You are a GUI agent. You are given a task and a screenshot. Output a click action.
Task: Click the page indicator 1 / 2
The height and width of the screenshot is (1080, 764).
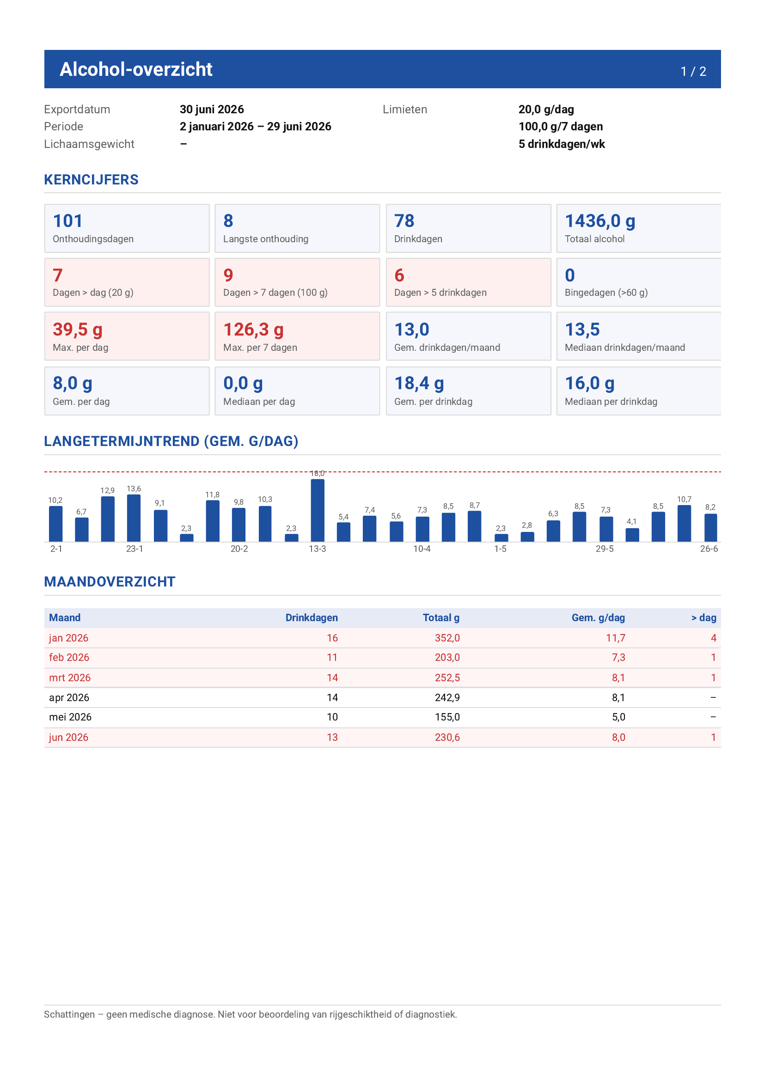tap(693, 72)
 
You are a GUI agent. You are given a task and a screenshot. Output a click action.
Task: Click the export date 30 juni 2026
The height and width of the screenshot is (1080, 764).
tap(212, 110)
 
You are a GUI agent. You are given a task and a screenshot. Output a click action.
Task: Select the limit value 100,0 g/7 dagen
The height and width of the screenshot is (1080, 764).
tap(560, 127)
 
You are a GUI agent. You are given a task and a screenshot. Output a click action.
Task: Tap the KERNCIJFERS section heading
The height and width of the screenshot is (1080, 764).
tap(91, 180)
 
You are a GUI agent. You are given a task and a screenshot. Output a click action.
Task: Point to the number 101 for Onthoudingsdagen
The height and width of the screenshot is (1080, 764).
tap(68, 221)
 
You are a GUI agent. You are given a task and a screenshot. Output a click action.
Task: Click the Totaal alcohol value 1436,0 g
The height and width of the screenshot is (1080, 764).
tap(600, 221)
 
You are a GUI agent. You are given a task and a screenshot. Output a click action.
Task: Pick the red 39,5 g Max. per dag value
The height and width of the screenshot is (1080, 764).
tap(78, 330)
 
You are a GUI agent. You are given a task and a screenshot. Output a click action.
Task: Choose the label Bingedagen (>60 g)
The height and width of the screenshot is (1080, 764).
tap(606, 293)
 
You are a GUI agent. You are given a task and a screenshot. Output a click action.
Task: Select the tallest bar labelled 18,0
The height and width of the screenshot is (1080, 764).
tap(318, 510)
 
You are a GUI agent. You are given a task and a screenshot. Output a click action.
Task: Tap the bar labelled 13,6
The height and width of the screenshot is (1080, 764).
tap(134, 518)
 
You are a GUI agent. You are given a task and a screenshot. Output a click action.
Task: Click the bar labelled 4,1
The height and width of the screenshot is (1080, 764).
tap(632, 535)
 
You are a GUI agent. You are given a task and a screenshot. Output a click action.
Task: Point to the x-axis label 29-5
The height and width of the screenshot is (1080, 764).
tap(605, 549)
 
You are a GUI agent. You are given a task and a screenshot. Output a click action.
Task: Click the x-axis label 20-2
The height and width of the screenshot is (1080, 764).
tap(239, 549)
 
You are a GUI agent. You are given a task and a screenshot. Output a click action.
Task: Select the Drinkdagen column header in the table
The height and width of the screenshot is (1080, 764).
tap(312, 617)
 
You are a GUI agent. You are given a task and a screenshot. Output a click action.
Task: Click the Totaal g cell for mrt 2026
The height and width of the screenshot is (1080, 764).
tap(447, 678)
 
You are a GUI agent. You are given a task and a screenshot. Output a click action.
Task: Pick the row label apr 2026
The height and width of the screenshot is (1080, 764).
tap(69, 697)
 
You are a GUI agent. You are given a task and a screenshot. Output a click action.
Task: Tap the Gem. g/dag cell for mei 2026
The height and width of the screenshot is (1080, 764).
tap(618, 717)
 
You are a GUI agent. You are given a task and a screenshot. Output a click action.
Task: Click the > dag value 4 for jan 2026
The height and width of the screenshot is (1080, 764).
tap(713, 638)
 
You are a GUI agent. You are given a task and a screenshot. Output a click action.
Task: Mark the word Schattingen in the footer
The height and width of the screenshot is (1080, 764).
tap(70, 1015)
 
